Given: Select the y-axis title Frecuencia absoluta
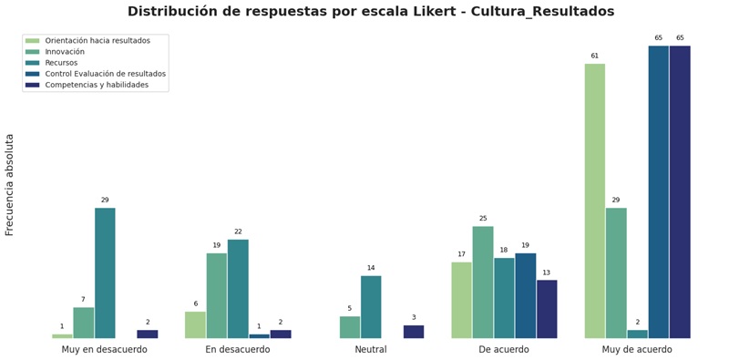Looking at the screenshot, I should (10, 185).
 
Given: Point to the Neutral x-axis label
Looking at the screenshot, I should (371, 350).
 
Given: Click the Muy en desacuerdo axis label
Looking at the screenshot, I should (105, 350).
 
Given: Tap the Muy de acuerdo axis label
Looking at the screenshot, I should (637, 350).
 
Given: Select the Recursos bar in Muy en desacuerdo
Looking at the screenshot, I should (105, 273).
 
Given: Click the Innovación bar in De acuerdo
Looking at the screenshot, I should (483, 283).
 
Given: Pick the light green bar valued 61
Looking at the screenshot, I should (595, 201).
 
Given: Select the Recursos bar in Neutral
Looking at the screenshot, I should (371, 307).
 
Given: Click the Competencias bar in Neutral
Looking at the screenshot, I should (414, 332).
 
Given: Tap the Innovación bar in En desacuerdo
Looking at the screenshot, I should (217, 295).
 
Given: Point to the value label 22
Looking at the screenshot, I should (238, 231).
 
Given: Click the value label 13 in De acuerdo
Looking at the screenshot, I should (547, 273).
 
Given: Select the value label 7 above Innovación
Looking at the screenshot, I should (83, 300).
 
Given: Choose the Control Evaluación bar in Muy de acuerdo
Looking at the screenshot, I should (659, 191).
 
